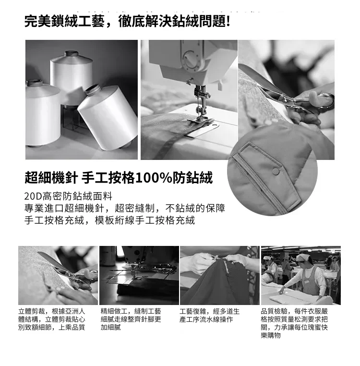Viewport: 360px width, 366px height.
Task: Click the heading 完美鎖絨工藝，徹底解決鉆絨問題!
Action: (127, 22)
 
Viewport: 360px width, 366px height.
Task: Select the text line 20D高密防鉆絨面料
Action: (68, 196)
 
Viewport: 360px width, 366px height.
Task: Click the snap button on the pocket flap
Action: (276, 172)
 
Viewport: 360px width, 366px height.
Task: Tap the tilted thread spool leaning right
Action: (108, 116)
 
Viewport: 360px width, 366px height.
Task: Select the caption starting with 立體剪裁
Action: (52, 319)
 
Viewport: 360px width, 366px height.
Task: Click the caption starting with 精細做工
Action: (131, 319)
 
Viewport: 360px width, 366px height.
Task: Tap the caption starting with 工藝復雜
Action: (209, 316)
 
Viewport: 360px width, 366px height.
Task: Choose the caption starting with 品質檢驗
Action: (294, 323)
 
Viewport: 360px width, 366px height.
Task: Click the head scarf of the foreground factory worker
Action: (303, 258)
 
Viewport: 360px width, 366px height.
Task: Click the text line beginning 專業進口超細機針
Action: (125, 208)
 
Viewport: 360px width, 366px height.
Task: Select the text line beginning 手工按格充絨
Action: (109, 220)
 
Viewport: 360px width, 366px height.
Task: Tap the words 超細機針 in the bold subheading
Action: (51, 178)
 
